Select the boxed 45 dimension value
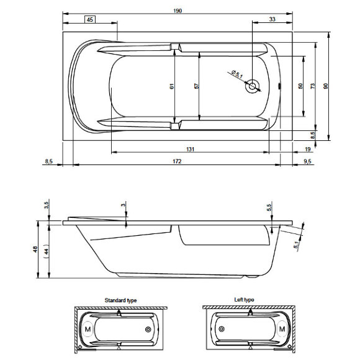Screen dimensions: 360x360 click(90, 20)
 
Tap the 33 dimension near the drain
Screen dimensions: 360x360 click(272, 20)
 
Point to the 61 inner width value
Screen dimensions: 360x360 click(172, 87)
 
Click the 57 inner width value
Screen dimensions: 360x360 click(196, 87)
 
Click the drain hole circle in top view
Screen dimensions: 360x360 click(252, 88)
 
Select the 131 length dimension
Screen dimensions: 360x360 click(191, 150)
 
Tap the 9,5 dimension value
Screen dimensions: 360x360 click(307, 161)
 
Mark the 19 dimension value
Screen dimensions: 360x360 click(308, 150)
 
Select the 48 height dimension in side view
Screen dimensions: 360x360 click(36, 250)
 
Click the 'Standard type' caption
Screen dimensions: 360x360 click(120, 300)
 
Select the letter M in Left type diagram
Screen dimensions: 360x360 click(281, 328)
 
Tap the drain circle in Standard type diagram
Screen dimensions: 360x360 click(148, 329)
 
